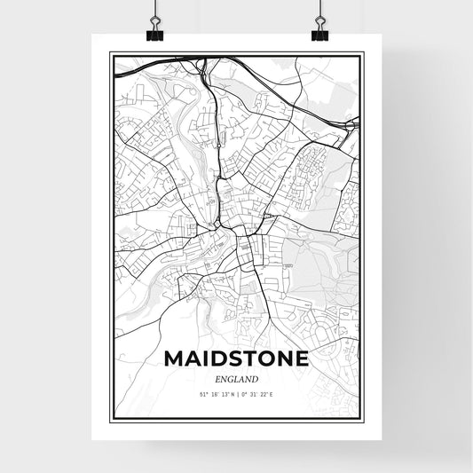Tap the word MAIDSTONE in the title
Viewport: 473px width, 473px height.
point(236,359)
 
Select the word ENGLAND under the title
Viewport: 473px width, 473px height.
point(236,379)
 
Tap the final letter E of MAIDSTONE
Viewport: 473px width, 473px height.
point(302,359)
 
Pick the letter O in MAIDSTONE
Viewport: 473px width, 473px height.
point(264,359)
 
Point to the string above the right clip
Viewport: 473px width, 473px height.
point(319,9)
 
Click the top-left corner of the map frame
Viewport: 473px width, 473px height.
point(110,53)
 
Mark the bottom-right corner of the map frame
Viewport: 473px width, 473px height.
point(364,420)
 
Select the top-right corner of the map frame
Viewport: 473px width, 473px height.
point(364,53)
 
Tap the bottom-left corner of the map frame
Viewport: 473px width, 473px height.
point(110,420)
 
